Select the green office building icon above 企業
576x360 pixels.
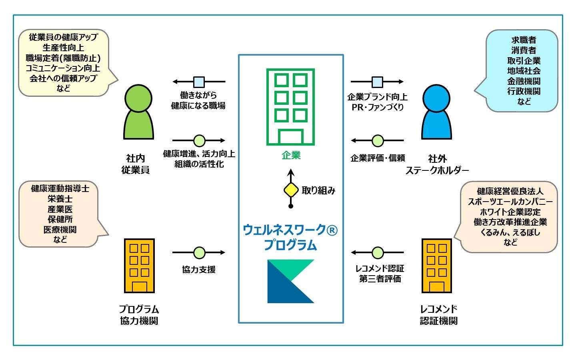click(291, 107)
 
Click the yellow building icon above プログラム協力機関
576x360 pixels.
click(139, 266)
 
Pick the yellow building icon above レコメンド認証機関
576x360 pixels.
click(437, 266)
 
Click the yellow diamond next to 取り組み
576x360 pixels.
click(291, 190)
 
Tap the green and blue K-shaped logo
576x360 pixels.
click(291, 281)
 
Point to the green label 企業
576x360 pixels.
click(291, 156)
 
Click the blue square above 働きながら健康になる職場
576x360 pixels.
click(199, 82)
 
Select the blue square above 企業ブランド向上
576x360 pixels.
click(377, 82)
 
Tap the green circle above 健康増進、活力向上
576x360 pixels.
click(199, 141)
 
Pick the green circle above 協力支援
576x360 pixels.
click(199, 253)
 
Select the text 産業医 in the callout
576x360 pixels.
click(60, 209)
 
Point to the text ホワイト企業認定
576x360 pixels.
click(510, 212)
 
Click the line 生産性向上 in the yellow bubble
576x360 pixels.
click(63, 48)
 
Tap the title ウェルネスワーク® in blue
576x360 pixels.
click(290, 230)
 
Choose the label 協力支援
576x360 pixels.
click(199, 270)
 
